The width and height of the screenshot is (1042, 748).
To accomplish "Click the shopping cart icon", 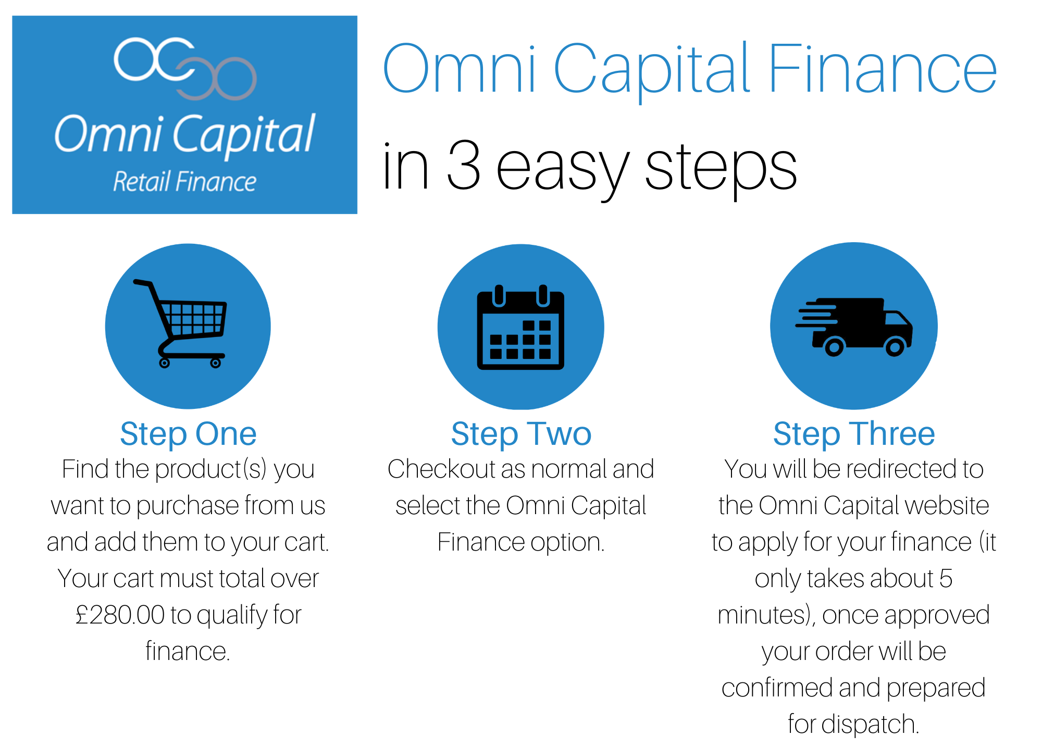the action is [180, 323].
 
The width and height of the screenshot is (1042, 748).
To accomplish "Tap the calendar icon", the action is [520, 327].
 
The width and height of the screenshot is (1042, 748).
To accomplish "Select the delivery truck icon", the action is [854, 327].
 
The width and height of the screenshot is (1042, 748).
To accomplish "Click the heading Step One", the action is [188, 434].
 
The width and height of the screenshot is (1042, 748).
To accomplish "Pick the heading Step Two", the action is [521, 434].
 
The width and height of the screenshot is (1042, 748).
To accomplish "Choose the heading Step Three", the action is [854, 434].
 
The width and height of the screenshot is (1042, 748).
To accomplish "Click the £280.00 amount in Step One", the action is [120, 615].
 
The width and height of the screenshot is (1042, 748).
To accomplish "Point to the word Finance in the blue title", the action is [882, 69].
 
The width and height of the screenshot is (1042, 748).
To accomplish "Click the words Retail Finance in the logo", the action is [185, 181].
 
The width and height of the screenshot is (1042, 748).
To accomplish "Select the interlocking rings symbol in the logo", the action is [185, 68].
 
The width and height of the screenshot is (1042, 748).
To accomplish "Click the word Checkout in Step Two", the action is [442, 469].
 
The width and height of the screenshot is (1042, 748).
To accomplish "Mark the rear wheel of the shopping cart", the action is [165, 363].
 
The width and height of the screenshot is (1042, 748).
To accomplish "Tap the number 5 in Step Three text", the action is [946, 578].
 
